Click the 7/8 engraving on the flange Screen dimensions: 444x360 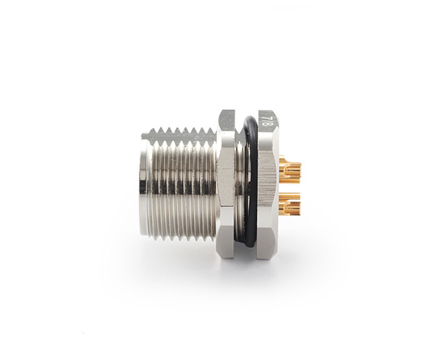coord(267,121)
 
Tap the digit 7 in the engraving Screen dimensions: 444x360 coord(267,118)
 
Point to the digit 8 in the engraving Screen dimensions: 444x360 coord(267,124)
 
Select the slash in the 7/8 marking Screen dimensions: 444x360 coord(267,120)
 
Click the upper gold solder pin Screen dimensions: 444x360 coord(289,170)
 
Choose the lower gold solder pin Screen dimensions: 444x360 coord(289,204)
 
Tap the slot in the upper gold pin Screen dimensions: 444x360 coord(293,171)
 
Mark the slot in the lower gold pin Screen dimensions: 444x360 coord(293,204)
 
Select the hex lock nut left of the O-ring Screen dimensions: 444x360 coord(226,184)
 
